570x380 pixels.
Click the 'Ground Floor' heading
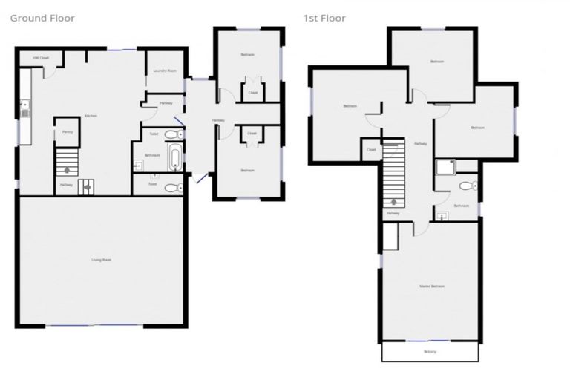point(42,18)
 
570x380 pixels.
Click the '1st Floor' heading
point(324,18)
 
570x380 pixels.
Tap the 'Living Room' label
point(101,259)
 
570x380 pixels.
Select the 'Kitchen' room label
point(91,116)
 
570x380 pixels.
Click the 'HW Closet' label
point(40,58)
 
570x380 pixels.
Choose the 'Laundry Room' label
point(164,71)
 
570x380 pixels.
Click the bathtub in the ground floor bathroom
point(173,158)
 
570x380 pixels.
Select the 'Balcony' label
point(430,351)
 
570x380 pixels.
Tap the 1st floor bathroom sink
point(443,217)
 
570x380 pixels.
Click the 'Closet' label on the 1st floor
point(371,150)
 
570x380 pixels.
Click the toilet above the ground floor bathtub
point(172,134)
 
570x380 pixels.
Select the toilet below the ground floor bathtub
point(171,188)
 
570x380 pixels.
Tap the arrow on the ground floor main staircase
point(67,170)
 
